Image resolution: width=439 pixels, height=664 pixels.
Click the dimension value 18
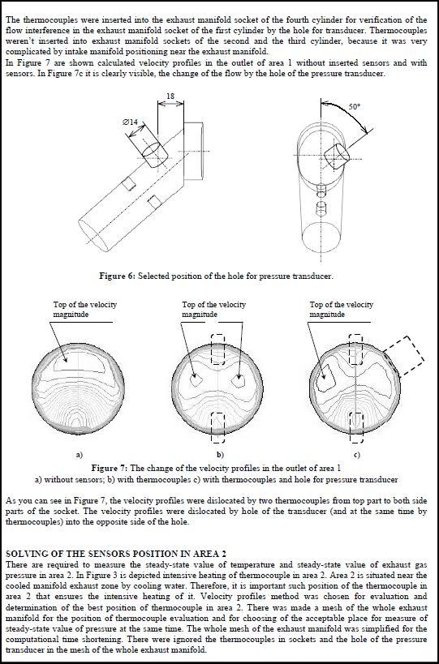[170, 96]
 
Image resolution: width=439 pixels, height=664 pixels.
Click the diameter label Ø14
[130, 122]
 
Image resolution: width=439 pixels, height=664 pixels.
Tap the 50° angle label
[355, 107]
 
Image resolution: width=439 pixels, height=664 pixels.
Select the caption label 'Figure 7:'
[110, 468]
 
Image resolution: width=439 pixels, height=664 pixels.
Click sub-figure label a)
[79, 455]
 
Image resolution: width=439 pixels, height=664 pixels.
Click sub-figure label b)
[220, 455]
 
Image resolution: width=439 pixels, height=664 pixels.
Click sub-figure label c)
[357, 455]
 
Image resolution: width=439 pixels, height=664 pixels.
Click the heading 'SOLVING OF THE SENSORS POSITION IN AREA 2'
[116, 554]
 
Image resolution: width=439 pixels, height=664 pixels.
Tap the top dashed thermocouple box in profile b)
[217, 349]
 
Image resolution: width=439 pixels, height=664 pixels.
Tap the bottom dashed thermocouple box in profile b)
[217, 428]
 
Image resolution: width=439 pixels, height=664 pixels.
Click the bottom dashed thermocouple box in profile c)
[356, 426]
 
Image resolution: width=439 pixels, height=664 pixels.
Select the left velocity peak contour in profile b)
[196, 380]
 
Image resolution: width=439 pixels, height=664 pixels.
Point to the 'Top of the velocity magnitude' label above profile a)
[84, 310]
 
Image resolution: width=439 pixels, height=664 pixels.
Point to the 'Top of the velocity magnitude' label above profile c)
[341, 310]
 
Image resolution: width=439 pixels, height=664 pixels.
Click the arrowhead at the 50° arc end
[366, 131]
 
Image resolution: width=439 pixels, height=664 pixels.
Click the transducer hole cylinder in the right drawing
[337, 156]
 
